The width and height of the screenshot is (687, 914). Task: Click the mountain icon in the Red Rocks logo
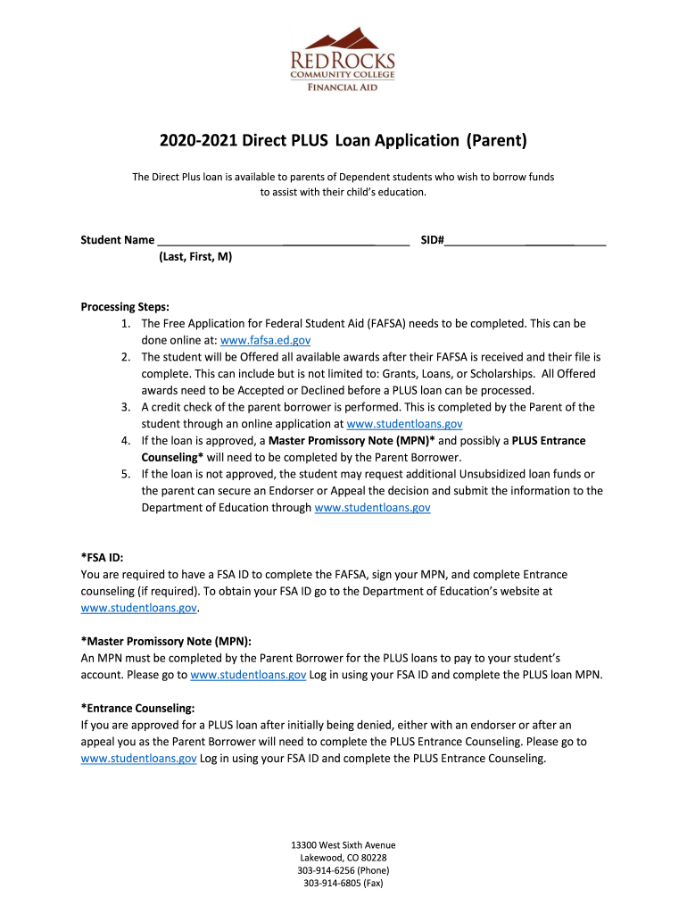[x=343, y=38]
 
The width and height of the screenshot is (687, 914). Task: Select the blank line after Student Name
[x=283, y=239]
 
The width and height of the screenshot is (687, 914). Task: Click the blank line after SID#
[x=526, y=239]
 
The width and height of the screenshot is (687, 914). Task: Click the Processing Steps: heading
[x=125, y=307]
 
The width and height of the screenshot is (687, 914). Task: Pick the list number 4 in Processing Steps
[x=126, y=441]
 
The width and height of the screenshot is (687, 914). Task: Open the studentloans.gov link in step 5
[x=373, y=508]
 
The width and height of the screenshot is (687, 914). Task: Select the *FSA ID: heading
[x=102, y=558]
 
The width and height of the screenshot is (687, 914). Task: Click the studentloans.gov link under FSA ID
[x=138, y=608]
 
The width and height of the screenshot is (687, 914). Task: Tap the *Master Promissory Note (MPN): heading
[x=166, y=641]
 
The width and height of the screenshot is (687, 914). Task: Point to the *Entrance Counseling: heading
[x=137, y=708]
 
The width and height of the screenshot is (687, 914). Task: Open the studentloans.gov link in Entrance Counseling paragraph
[x=138, y=759]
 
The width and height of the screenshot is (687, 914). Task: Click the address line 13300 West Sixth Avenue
[x=343, y=844]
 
